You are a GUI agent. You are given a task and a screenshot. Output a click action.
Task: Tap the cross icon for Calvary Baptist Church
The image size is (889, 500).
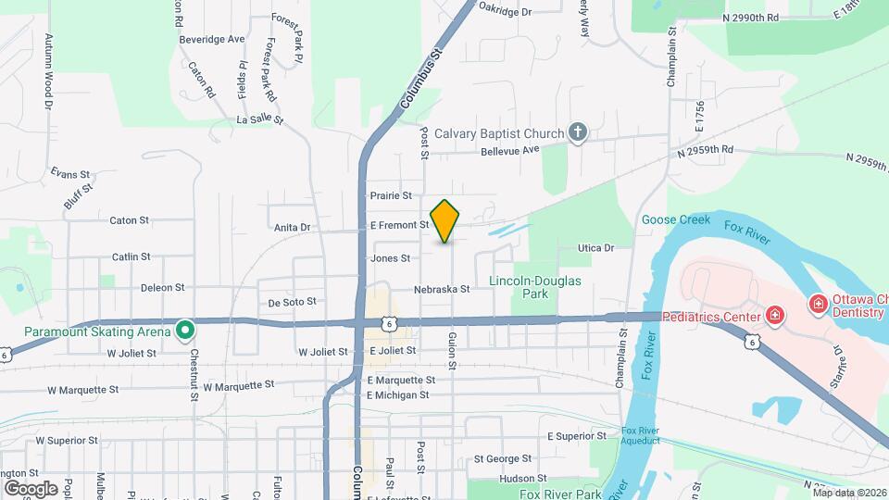click(x=578, y=133)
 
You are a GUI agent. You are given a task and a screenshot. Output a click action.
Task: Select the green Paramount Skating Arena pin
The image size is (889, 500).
click(x=185, y=330)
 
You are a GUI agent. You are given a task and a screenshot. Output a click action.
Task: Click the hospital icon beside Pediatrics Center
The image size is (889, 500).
click(x=774, y=315)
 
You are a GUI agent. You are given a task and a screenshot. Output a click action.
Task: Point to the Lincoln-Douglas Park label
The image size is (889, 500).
click(x=535, y=286)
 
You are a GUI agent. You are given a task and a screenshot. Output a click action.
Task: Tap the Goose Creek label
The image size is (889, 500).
click(x=675, y=220)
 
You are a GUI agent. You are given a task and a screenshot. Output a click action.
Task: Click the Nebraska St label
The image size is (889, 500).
click(x=443, y=289)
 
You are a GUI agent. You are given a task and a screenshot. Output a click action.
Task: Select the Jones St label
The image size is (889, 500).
click(x=390, y=258)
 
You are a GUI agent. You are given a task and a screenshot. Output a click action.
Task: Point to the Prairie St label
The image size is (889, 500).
click(x=390, y=195)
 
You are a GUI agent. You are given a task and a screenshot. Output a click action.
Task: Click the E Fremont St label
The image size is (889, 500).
click(x=399, y=225)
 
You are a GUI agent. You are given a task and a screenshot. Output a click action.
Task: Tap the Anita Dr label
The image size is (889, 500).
click(x=292, y=227)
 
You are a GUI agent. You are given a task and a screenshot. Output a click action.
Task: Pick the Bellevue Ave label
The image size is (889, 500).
click(x=509, y=150)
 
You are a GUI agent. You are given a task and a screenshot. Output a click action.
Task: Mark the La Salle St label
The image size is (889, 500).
click(x=259, y=120)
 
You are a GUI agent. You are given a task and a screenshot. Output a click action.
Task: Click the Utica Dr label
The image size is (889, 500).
click(x=596, y=248)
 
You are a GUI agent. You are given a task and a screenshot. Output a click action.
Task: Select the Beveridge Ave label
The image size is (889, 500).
click(x=212, y=39)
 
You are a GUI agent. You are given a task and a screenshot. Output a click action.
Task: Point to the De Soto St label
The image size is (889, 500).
click(x=293, y=302)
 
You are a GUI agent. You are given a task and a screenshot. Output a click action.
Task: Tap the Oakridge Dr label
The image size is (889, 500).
click(x=506, y=12)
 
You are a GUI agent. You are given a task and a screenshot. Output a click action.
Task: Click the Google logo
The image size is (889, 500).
click(x=31, y=488)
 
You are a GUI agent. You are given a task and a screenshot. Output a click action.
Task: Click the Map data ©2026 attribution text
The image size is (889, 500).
click(x=849, y=493)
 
